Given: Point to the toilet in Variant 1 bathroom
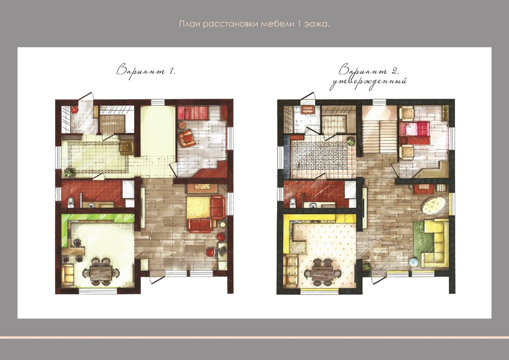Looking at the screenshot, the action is [71, 203].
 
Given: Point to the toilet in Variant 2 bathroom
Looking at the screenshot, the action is [293, 202].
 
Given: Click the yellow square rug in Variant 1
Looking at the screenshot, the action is [198, 207].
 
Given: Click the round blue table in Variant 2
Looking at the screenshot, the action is [413, 262].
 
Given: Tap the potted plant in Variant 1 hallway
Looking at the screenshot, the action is [69, 172].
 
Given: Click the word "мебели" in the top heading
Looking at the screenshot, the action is [277, 24].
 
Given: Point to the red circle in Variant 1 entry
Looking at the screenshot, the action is [75, 110].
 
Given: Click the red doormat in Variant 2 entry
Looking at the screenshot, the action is [306, 110].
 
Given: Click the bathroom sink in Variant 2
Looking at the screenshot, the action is [313, 205].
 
